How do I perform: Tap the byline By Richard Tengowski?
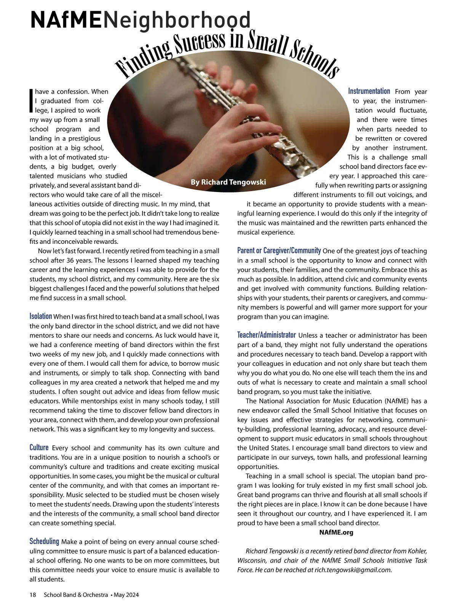[228, 182]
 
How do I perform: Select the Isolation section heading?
[41, 316]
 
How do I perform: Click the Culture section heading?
[39, 447]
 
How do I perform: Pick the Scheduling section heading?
[44, 541]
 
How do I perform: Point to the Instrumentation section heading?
[369, 91]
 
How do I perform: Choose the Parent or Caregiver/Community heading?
[279, 250]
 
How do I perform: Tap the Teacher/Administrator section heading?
[266, 335]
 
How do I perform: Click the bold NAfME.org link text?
[336, 532]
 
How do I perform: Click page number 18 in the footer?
[33, 595]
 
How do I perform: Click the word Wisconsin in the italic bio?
[253, 561]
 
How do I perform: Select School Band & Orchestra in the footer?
[76, 595]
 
